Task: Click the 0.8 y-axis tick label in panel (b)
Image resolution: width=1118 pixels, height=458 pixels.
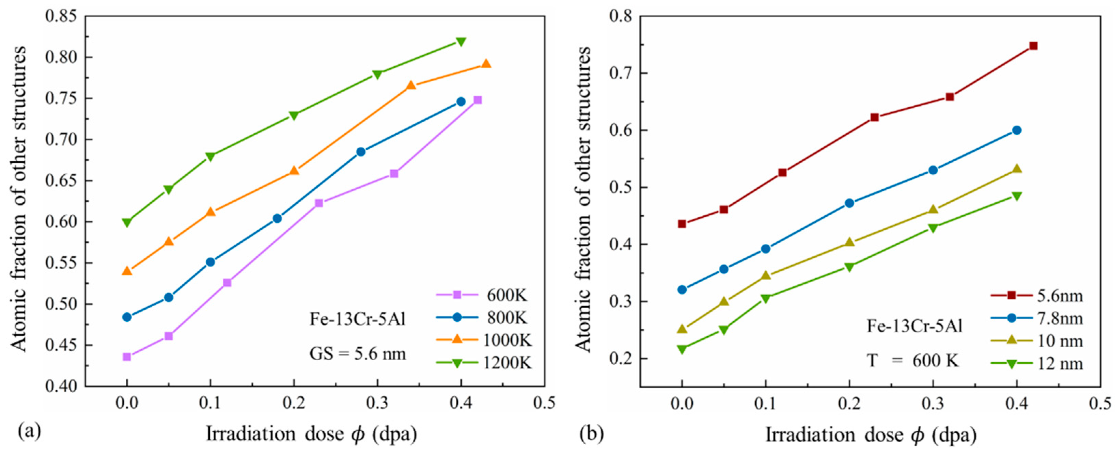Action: click(621, 16)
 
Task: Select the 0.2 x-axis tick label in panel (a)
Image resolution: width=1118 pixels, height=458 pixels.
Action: click(294, 404)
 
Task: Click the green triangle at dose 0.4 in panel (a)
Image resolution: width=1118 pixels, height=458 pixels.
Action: click(461, 42)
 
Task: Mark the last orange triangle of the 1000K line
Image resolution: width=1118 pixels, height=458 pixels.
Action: click(486, 64)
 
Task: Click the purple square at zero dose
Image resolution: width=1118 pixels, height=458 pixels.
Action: click(127, 357)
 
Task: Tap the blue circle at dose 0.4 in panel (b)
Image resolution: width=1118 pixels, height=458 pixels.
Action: click(1017, 130)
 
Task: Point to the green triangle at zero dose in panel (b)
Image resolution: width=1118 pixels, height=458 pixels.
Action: click(682, 349)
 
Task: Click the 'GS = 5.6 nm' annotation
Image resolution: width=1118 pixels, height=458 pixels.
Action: click(357, 354)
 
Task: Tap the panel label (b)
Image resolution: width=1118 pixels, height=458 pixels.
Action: click(591, 433)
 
